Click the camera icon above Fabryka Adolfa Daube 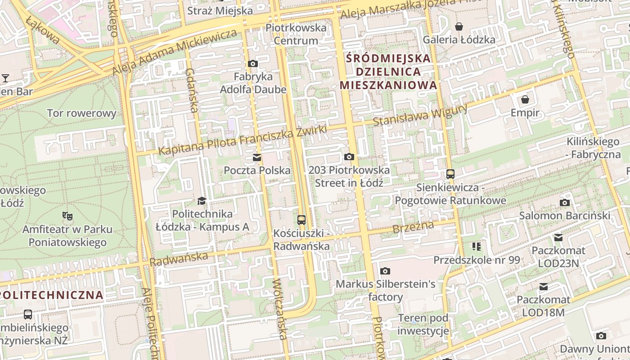(253, 64)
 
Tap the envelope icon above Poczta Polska (257, 157)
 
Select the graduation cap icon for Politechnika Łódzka (202, 201)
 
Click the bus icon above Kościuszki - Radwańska (301, 220)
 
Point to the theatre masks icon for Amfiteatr (67, 216)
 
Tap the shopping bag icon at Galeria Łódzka (459, 27)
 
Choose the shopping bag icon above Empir (525, 99)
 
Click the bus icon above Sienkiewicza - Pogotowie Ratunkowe (450, 174)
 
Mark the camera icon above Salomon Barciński (565, 202)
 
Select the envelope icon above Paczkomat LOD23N (558, 237)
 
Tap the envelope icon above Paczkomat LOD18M (544, 286)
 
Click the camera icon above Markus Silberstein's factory (385, 271)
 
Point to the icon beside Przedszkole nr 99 (477, 246)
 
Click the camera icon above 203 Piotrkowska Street (349, 157)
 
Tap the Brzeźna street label (413, 227)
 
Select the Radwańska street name (179, 259)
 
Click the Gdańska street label (192, 90)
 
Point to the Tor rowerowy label (81, 113)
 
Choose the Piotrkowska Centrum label (296, 34)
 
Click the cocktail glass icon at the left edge (5, 78)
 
